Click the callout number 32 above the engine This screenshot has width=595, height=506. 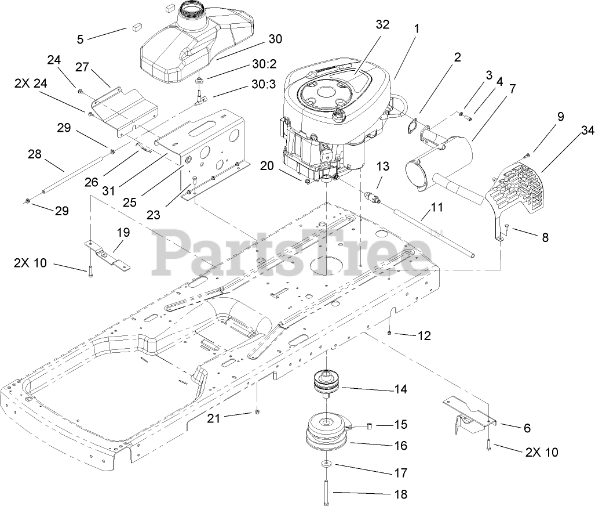tap(382, 25)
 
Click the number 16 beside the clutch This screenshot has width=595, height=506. tap(400, 446)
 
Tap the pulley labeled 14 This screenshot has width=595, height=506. tap(328, 384)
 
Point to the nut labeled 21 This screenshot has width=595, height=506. tap(257, 413)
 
